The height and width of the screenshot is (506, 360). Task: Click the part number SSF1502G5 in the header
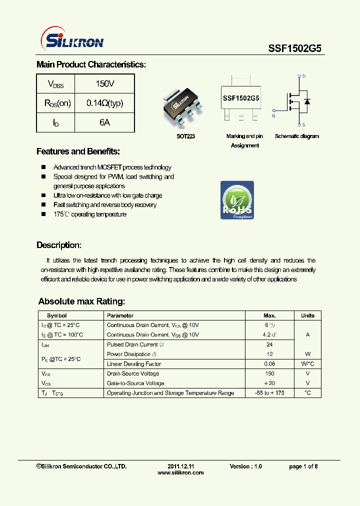click(x=295, y=48)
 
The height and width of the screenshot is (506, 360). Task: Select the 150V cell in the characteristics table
click(x=104, y=83)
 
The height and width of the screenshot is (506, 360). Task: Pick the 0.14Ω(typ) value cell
click(x=104, y=103)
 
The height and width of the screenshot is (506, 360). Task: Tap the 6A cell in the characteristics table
click(x=104, y=122)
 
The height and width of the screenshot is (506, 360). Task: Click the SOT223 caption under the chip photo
click(x=185, y=136)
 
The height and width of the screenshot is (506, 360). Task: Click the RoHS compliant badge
click(x=237, y=200)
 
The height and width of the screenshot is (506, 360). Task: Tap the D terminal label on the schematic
click(x=304, y=76)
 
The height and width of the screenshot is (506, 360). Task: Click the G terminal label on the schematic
click(x=273, y=115)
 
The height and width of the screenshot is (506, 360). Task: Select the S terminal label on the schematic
click(x=304, y=125)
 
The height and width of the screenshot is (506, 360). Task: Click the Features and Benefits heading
click(x=78, y=151)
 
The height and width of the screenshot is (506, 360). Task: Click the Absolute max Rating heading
click(x=81, y=301)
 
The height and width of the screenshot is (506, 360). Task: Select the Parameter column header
click(x=120, y=315)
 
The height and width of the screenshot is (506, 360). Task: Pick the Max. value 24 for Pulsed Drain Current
click(x=269, y=344)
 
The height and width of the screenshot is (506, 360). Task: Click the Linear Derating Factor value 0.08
click(x=269, y=364)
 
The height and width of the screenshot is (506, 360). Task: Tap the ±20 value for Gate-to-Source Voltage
click(x=269, y=383)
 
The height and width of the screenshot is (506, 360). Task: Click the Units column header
click(x=307, y=315)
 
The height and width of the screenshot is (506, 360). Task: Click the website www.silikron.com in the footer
click(x=180, y=473)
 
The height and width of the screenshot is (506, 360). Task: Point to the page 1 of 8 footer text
click(x=303, y=466)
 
